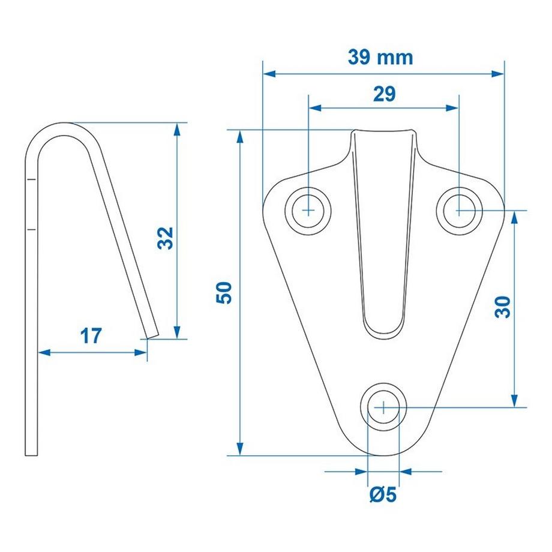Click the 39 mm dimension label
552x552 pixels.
pyautogui.click(x=380, y=57)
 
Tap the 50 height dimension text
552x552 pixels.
pyautogui.click(x=224, y=293)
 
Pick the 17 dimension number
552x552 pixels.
pyautogui.click(x=91, y=336)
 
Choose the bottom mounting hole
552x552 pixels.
pyautogui.click(x=383, y=406)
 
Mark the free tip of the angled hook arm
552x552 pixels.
pyautogui.click(x=152, y=334)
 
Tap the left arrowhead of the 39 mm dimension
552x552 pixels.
pyautogui.click(x=268, y=74)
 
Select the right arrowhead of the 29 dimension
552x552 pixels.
pyautogui.click(x=454, y=108)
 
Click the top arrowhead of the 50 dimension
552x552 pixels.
pyautogui.click(x=240, y=135)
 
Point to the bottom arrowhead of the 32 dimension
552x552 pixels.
pyautogui.click(x=177, y=333)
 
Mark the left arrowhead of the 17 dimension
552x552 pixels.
pyautogui.click(x=44, y=353)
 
